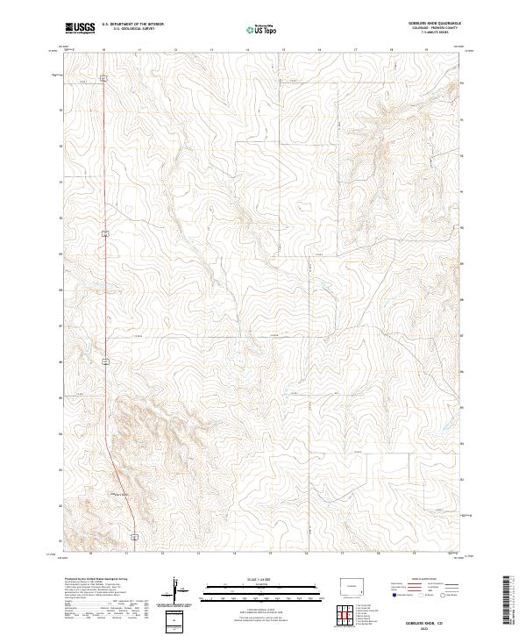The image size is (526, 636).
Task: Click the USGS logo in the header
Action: pyautogui.click(x=80, y=28)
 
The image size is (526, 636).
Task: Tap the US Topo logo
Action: pyautogui.click(x=262, y=30)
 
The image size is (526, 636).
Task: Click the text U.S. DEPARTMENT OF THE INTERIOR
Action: pyautogui.click(x=133, y=25)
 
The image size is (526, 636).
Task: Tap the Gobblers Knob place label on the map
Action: pyautogui.click(x=117, y=494)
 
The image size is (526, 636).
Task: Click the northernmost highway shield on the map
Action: pyautogui.click(x=103, y=79)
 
